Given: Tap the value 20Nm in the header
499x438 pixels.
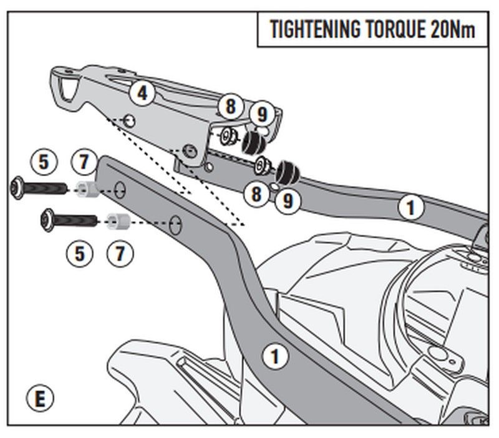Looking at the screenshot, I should (x=453, y=29).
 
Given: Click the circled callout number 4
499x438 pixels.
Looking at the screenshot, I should (x=143, y=94).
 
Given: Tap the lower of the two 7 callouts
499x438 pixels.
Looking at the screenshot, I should (x=119, y=253).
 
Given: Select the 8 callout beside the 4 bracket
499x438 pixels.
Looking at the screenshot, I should (x=230, y=106).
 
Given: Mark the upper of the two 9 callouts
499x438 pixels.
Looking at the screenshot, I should (x=262, y=114).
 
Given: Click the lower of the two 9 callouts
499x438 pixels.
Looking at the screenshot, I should (x=288, y=200).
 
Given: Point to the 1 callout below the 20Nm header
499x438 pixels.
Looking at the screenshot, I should (x=410, y=208).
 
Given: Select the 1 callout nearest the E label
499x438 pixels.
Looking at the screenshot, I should (x=274, y=357).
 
